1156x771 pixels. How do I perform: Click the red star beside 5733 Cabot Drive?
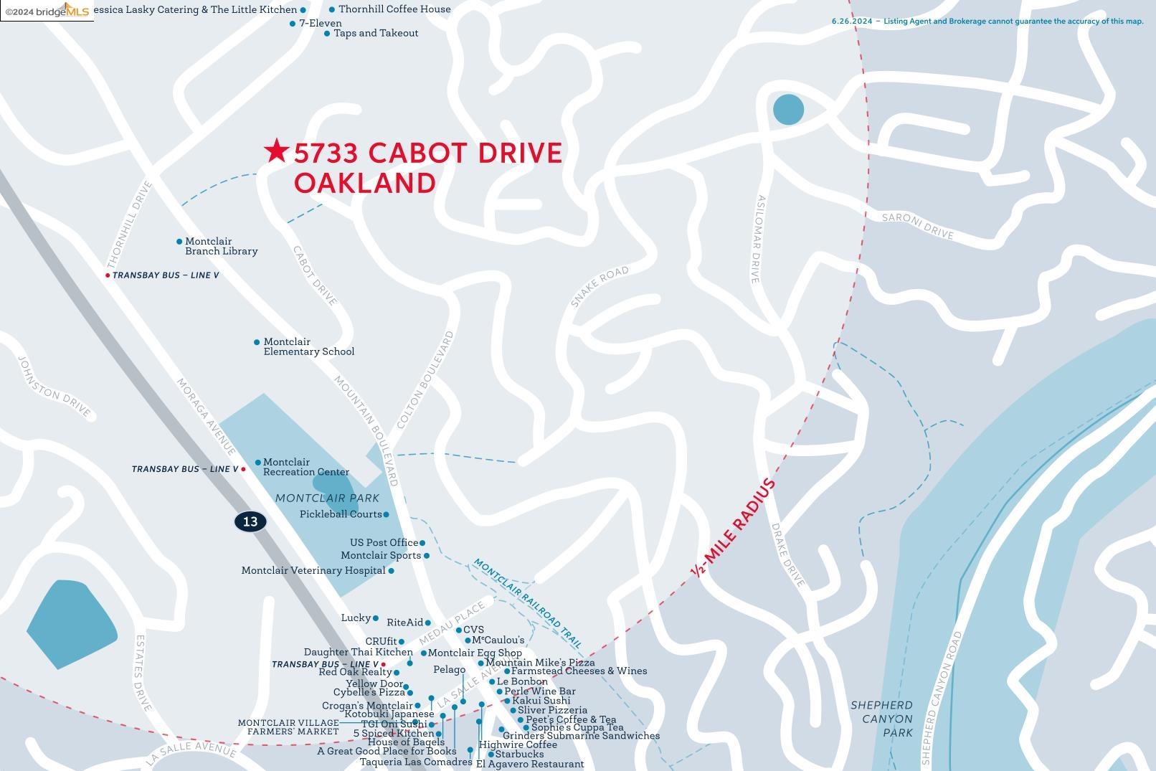pyautogui.click(x=276, y=151)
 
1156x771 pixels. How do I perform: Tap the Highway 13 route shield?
pyautogui.click(x=250, y=521)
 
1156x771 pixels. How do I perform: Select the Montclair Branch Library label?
pyautogui.click(x=221, y=247)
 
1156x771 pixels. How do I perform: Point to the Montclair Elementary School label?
pyautogui.click(x=308, y=347)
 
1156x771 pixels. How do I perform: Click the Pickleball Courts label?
pyautogui.click(x=341, y=514)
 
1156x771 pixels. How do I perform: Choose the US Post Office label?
pyautogui.click(x=384, y=543)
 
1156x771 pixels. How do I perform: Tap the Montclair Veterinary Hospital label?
pyautogui.click(x=313, y=571)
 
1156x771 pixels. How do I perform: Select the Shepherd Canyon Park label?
pyautogui.click(x=881, y=719)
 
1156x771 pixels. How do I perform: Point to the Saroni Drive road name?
pyautogui.click(x=917, y=226)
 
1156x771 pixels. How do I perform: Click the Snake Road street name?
pyautogui.click(x=600, y=286)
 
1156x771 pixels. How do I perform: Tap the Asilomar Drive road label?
pyautogui.click(x=758, y=239)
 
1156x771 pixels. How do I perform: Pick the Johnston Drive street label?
pyautogui.click(x=55, y=387)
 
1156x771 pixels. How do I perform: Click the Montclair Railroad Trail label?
pyautogui.click(x=527, y=602)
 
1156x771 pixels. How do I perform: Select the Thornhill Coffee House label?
pyautogui.click(x=394, y=9)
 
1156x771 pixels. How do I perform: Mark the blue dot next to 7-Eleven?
pyautogui.click(x=293, y=24)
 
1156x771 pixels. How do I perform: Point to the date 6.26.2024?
pyautogui.click(x=852, y=22)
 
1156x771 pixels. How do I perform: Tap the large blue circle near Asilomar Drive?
pyautogui.click(x=788, y=110)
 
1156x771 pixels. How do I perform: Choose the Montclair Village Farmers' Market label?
pyautogui.click(x=288, y=727)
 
